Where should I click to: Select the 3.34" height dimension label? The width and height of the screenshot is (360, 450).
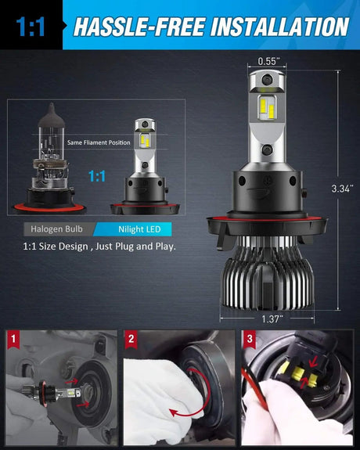(x=342, y=189)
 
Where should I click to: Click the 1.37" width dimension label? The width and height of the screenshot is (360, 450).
(x=267, y=319)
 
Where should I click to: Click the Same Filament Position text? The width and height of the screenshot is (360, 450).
(x=98, y=142)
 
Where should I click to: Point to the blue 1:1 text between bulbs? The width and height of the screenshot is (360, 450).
(x=97, y=177)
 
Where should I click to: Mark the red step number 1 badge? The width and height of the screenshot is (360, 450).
(x=13, y=340)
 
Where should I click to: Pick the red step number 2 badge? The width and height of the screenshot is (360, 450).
(x=131, y=340)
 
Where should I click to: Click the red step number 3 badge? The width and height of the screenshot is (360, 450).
(x=249, y=340)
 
